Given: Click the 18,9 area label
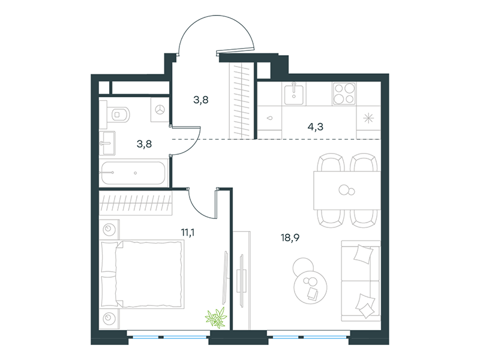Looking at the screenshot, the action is [x=290, y=238].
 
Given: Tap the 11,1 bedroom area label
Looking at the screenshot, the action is [x=188, y=233].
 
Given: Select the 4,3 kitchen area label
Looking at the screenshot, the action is [x=316, y=127].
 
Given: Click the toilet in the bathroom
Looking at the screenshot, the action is [x=118, y=115].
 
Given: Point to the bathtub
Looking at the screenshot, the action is [x=133, y=173].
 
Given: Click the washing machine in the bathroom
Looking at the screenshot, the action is [x=160, y=110].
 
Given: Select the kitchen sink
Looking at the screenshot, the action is [x=294, y=94].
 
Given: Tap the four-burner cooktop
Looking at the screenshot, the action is [x=344, y=94].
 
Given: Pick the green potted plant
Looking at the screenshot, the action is [x=217, y=318].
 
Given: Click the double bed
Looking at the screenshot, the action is [x=142, y=274].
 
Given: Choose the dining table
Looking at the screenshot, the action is [x=347, y=190].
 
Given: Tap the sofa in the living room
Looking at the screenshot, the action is [x=361, y=281].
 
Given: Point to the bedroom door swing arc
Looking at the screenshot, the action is [x=197, y=211].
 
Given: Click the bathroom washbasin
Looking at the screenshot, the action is [x=107, y=143].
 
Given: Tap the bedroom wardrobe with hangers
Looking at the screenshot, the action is [x=136, y=202].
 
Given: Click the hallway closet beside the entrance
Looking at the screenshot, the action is [x=242, y=100].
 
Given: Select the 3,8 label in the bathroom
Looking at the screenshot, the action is [x=144, y=143].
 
